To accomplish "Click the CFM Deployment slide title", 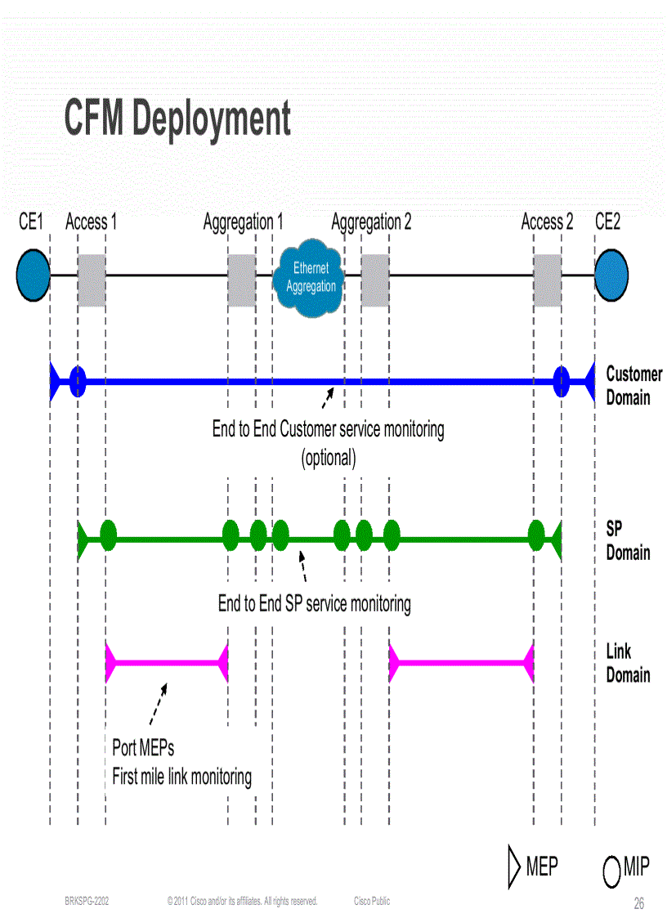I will pos(177,119).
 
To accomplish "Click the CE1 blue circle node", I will pos(34,275).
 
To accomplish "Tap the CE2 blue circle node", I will pos(611,275).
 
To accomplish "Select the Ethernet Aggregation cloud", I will pos(311,278).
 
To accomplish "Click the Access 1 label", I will pos(91,222).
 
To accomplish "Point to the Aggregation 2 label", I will pos(371,222).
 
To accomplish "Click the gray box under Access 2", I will pos(548,280).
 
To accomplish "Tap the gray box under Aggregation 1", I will pos(241,280).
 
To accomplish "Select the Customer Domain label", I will pos(633,386).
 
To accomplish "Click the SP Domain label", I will pos(628,540).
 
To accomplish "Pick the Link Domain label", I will pos(628,663).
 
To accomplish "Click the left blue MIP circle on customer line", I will pos(78,380).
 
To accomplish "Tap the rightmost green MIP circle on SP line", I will pos(536,535).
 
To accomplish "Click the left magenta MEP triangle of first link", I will pos(112,662).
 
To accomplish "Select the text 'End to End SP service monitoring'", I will pos(314,604).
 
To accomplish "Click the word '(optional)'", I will pos(329,458).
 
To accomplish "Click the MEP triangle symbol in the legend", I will pos(514,867).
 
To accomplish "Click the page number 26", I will pos(639,903).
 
